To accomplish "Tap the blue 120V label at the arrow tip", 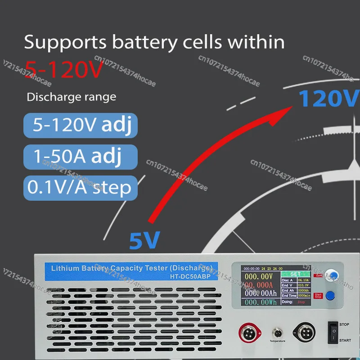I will [x=329, y=99].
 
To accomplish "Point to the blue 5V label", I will [x=144, y=241].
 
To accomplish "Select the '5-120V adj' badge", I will [x=80, y=126].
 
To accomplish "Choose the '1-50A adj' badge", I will [x=80, y=156].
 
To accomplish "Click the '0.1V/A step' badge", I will [x=80, y=187].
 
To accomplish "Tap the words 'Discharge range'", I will [x=71, y=97].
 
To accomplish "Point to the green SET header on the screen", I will [x=295, y=274].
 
